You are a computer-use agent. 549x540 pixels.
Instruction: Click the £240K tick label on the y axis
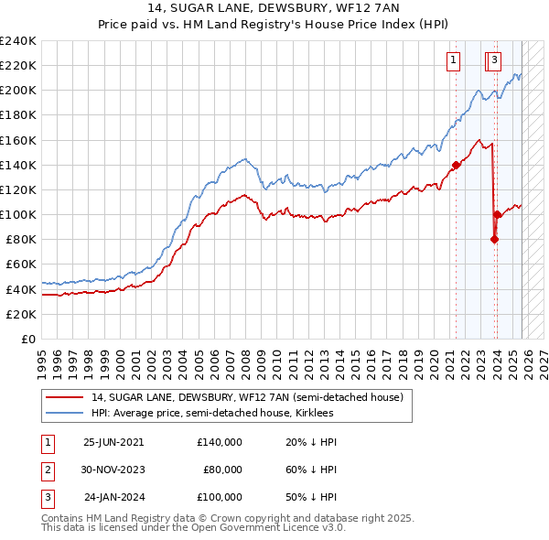[x=18, y=41]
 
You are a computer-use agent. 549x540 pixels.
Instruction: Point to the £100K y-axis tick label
[x=18, y=214]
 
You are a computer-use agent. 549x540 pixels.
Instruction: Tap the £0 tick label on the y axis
[x=27, y=339]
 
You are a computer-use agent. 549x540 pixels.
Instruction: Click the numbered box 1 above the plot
[x=453, y=61]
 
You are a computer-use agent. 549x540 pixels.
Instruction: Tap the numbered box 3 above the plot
[x=494, y=61]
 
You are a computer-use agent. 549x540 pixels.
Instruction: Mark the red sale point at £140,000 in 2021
[x=456, y=165]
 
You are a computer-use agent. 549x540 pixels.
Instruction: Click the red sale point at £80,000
[x=494, y=239]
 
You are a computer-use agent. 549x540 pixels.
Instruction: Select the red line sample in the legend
[x=65, y=397]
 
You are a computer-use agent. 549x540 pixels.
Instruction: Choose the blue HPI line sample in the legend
[x=65, y=414]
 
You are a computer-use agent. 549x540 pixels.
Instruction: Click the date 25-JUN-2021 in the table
[x=113, y=442]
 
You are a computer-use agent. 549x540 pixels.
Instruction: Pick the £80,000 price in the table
[x=222, y=470]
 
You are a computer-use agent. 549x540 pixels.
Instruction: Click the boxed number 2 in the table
[x=47, y=470]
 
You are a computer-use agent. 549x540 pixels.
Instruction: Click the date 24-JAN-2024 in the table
[x=113, y=497]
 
